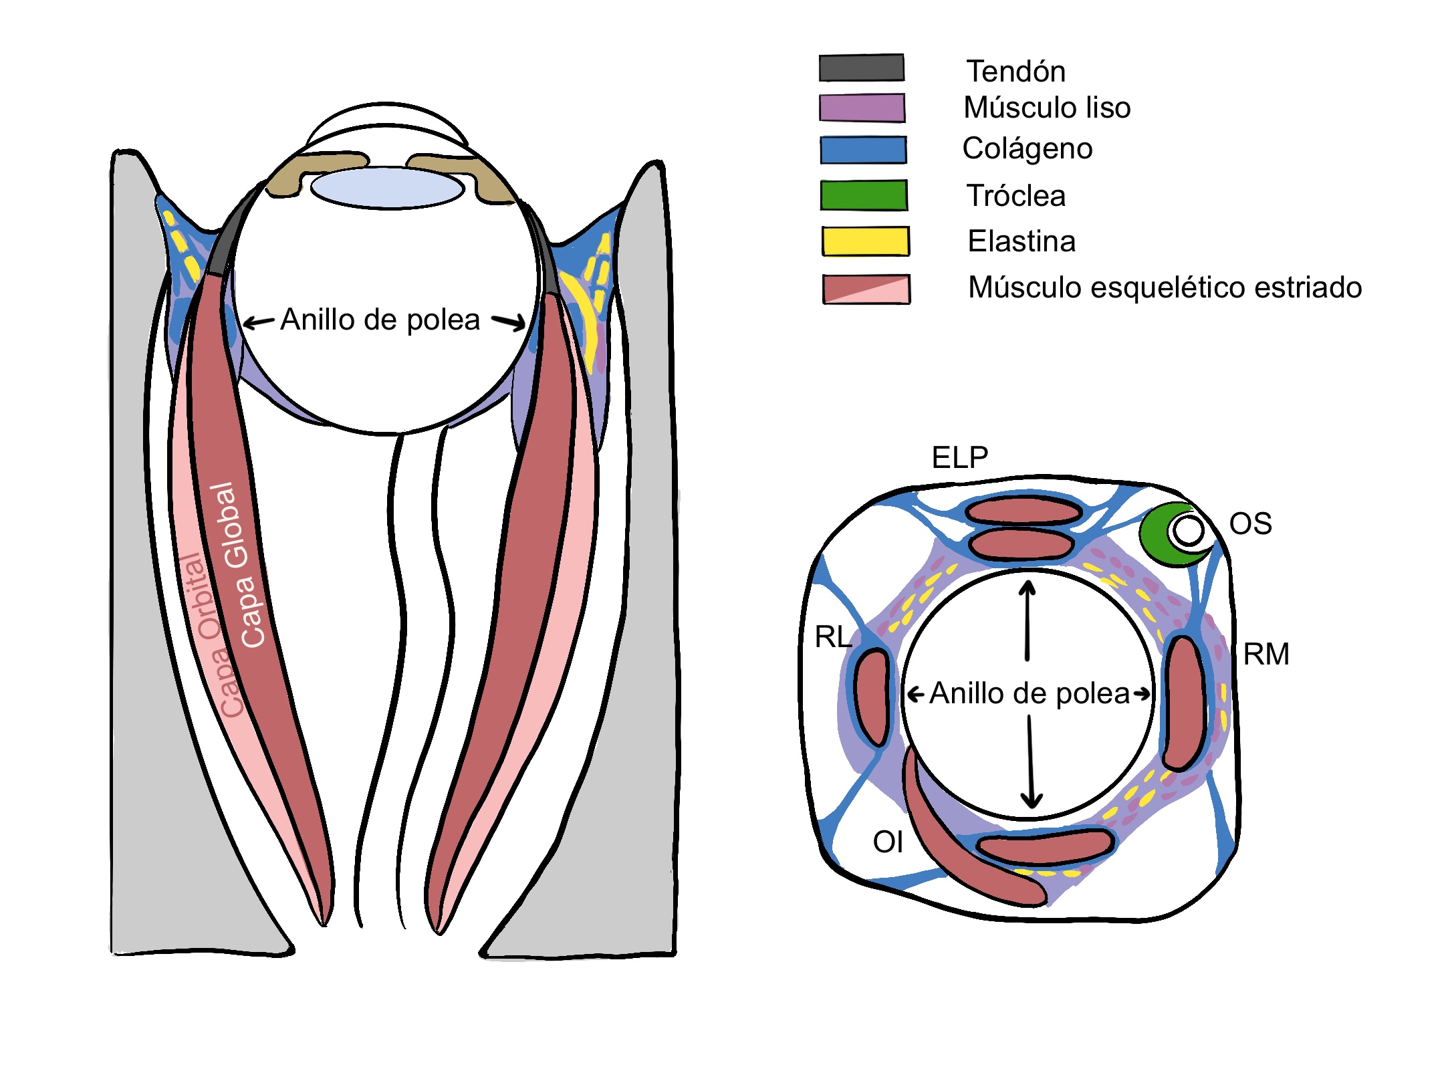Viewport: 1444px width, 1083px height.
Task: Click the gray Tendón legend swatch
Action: [x=861, y=68]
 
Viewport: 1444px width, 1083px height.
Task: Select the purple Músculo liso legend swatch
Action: [x=862, y=108]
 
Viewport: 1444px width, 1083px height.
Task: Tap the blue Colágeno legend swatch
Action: [x=863, y=150]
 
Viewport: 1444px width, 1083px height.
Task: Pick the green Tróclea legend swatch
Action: [x=864, y=195]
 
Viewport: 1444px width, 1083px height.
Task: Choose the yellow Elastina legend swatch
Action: [x=865, y=241]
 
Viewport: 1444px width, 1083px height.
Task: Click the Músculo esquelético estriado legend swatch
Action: [x=866, y=289]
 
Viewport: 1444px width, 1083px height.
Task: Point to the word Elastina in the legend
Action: [x=1021, y=241]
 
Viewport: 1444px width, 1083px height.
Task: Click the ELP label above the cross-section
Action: [x=959, y=458]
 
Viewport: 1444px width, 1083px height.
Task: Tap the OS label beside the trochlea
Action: [x=1250, y=523]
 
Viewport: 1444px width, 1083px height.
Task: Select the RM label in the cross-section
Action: [x=1266, y=654]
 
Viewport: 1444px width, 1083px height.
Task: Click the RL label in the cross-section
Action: [x=833, y=636]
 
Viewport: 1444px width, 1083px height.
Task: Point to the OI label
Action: [x=888, y=842]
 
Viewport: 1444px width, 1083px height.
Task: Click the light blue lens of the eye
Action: [x=387, y=188]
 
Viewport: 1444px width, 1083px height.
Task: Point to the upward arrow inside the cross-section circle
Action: [x=1028, y=618]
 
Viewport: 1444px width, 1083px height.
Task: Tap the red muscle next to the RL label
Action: [x=871, y=697]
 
